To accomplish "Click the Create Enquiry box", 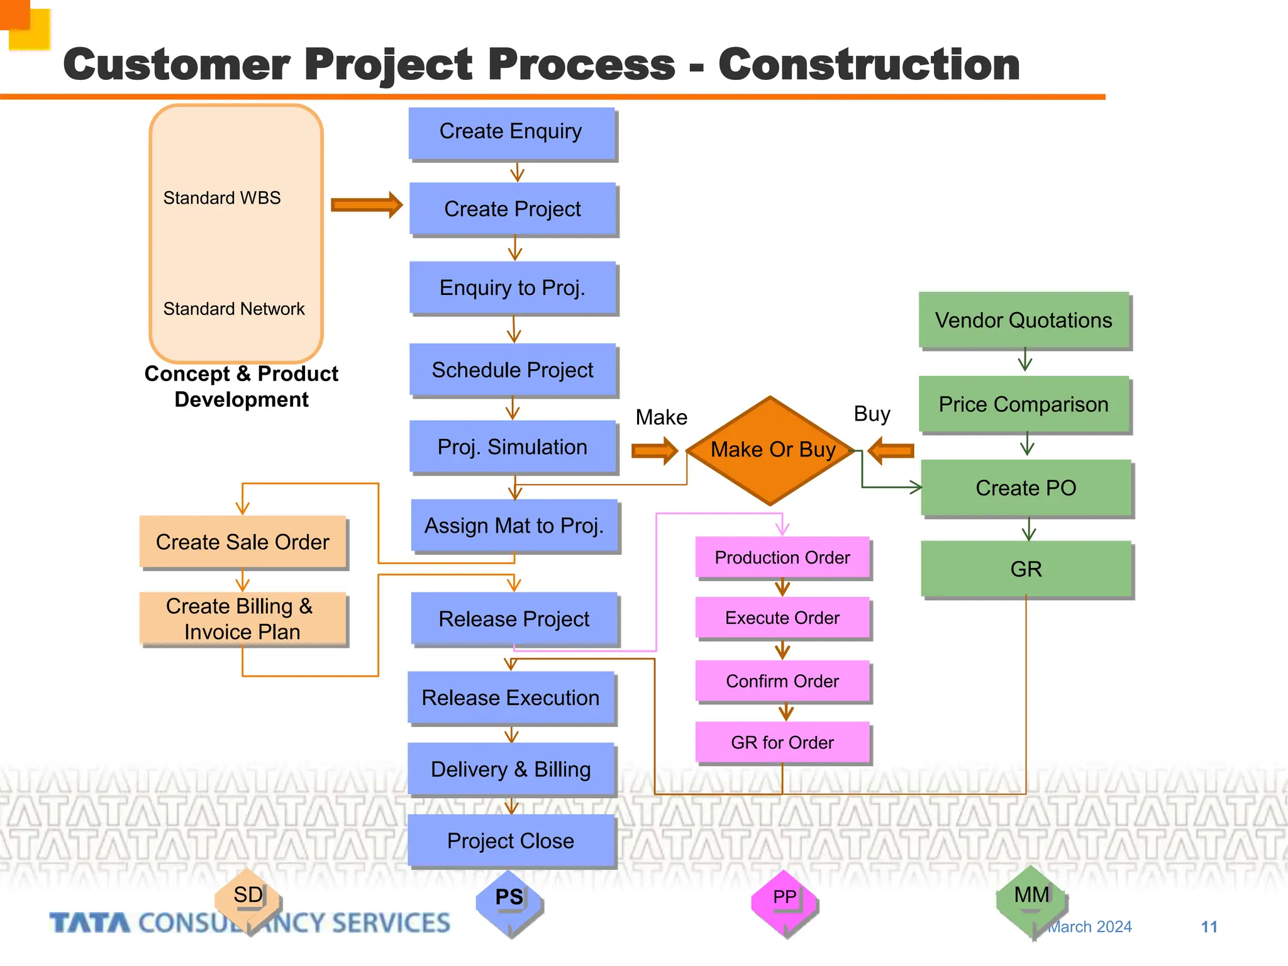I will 511,132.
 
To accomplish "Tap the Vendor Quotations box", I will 1023,320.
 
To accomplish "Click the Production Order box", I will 782,557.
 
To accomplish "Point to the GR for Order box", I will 782,743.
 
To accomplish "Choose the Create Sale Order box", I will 243,542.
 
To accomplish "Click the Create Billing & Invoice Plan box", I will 243,619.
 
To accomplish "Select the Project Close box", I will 511,841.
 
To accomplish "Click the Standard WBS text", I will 222,198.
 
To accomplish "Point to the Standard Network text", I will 233,309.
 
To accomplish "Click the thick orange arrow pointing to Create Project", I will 366,205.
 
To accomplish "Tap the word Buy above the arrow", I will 872,414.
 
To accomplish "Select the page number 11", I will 1209,927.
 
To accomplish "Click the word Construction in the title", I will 869,65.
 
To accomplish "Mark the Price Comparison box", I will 1023,404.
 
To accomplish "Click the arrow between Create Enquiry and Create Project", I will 517,172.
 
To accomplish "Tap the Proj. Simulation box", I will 513,447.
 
